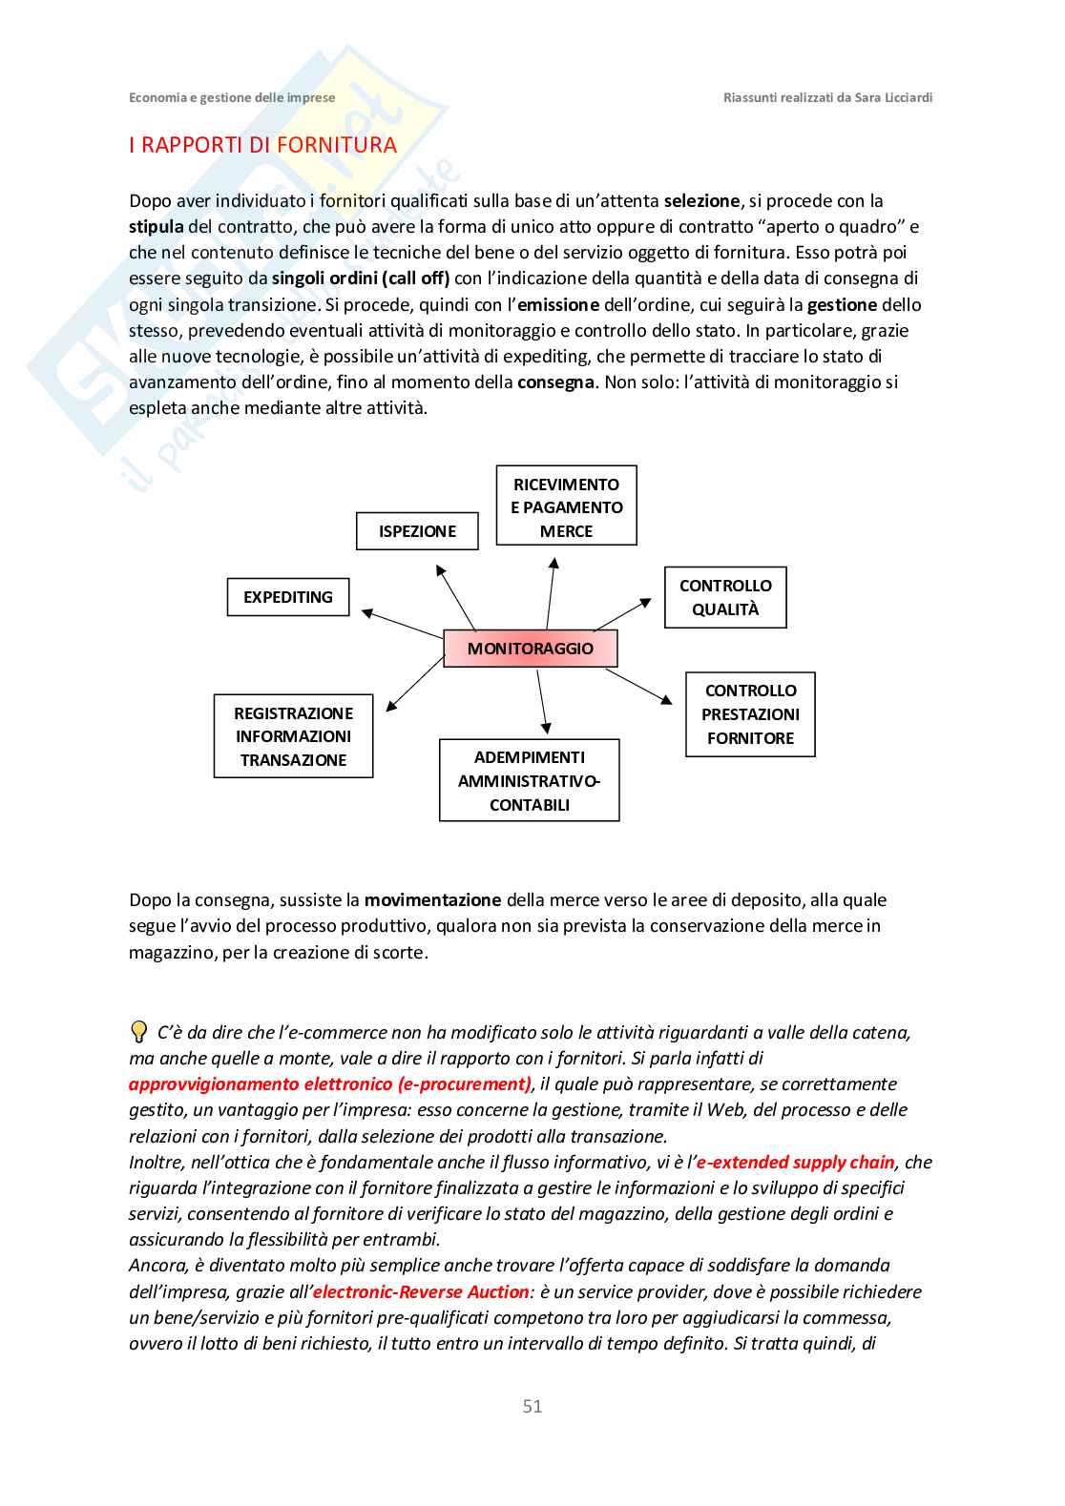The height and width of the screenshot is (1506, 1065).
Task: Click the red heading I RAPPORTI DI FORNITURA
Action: coord(262,145)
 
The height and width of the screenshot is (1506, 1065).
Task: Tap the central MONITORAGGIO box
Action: coord(531,649)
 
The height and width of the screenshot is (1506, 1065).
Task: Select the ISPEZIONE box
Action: coord(417,531)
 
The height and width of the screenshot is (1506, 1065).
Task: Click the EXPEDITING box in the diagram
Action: coord(288,597)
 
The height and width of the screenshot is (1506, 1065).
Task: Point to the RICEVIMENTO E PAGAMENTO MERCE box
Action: coord(566,506)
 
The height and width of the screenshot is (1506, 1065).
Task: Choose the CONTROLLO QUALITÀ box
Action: coord(725,598)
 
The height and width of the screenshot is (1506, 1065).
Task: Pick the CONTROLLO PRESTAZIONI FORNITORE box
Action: coord(750,714)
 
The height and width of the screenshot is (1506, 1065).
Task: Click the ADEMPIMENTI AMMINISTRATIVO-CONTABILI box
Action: coord(529,780)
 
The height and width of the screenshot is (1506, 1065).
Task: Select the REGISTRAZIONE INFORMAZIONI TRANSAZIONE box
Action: coord(293,736)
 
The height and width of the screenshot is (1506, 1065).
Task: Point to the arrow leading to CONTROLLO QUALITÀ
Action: coord(623,614)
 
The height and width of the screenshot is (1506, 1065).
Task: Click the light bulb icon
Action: coord(138,1032)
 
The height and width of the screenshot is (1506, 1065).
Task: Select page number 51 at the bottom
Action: coord(532,1406)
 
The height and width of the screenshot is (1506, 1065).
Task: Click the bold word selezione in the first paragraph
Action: coord(701,201)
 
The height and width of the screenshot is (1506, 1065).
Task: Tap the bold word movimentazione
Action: coord(432,900)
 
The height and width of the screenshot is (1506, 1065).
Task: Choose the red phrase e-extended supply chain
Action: coord(795,1163)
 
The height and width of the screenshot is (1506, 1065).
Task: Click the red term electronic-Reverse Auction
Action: coord(421,1292)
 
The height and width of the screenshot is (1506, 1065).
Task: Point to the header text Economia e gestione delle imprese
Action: coord(232,97)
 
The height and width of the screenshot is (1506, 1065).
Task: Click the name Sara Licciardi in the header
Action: coord(893,97)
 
